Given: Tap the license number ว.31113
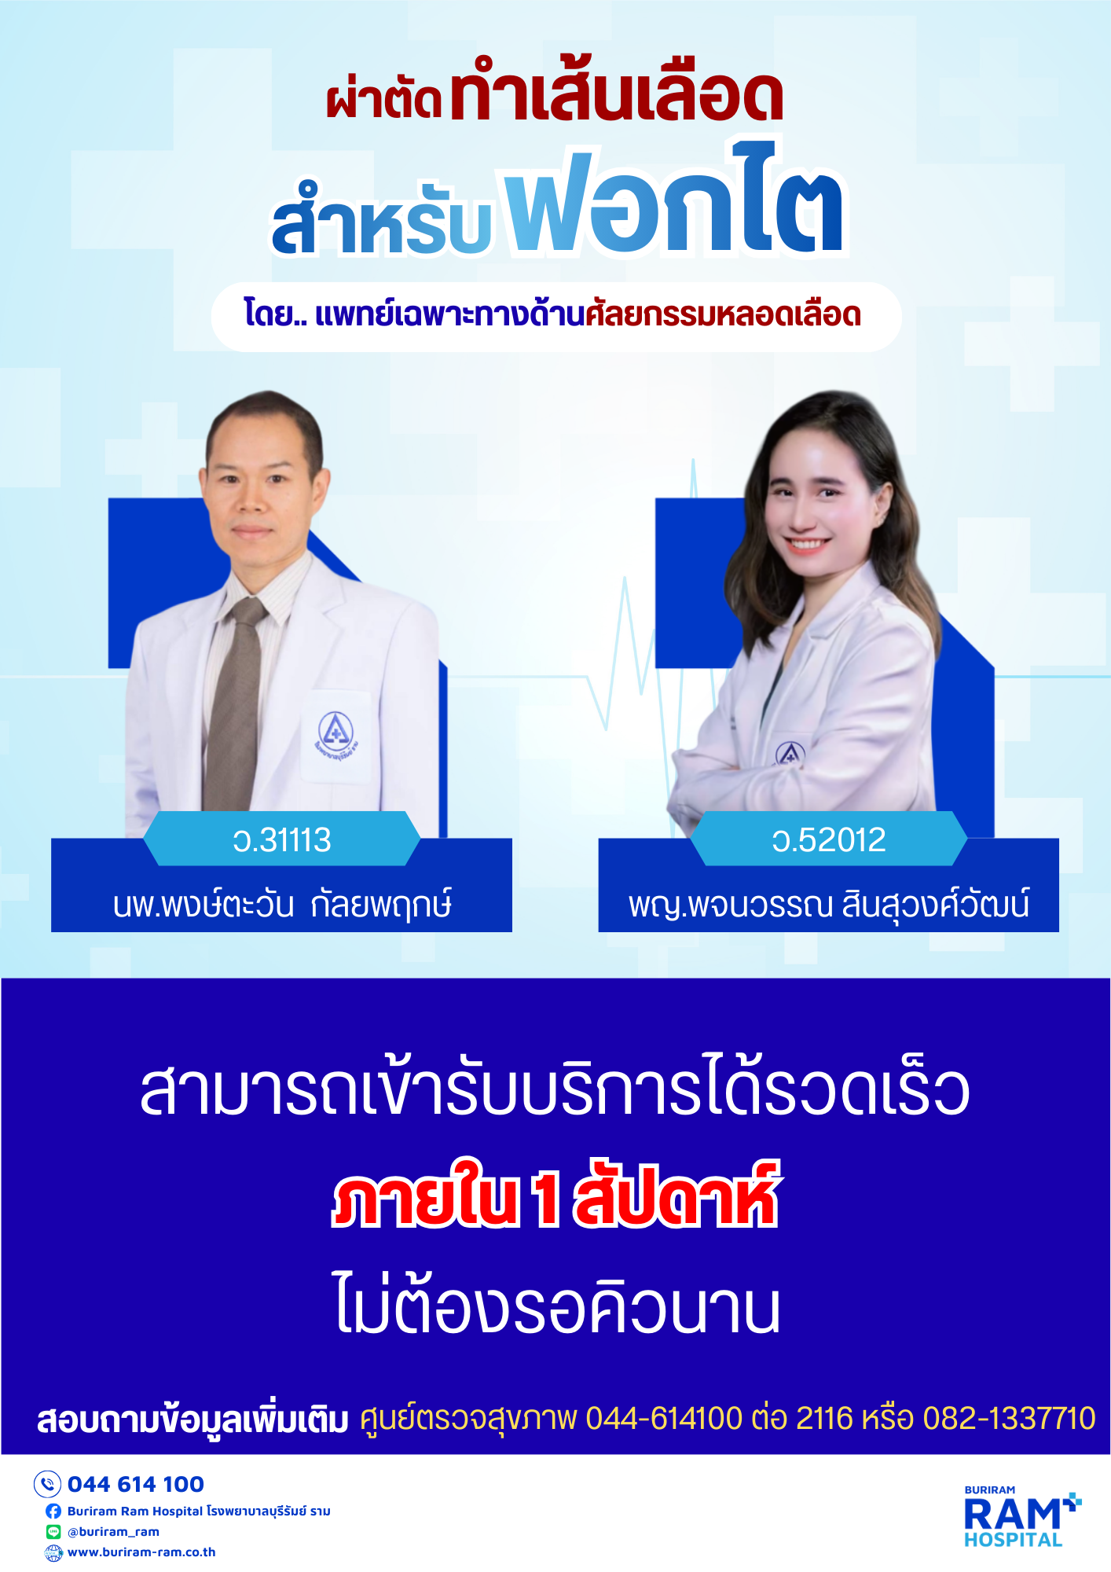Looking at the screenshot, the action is tap(282, 840).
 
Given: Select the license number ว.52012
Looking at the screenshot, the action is tap(829, 840).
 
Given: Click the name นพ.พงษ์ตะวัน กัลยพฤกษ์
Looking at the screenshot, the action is tap(282, 904).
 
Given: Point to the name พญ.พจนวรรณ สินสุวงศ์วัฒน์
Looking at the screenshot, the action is tap(829, 904).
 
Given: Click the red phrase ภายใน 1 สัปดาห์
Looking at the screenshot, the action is tap(556, 1196).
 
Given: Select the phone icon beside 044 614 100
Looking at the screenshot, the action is tap(47, 1484).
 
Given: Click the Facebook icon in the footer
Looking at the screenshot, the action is tap(53, 1511).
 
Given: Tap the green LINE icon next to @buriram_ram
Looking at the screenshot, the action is tap(53, 1531).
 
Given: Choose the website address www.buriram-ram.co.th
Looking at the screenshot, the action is tap(141, 1552).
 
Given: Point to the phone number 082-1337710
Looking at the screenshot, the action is tap(1009, 1419).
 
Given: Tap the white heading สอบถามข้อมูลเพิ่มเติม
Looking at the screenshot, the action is tap(192, 1420).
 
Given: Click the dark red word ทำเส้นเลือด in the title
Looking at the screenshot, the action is tap(617, 93).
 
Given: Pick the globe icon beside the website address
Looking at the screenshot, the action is tap(53, 1552).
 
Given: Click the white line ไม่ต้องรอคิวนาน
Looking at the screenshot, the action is tap(557, 1303).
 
